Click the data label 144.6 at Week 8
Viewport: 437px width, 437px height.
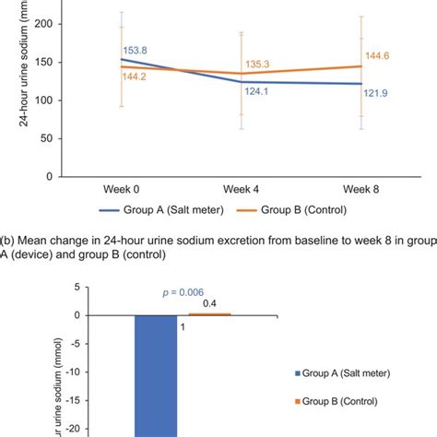pyautogui.click(x=376, y=55)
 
